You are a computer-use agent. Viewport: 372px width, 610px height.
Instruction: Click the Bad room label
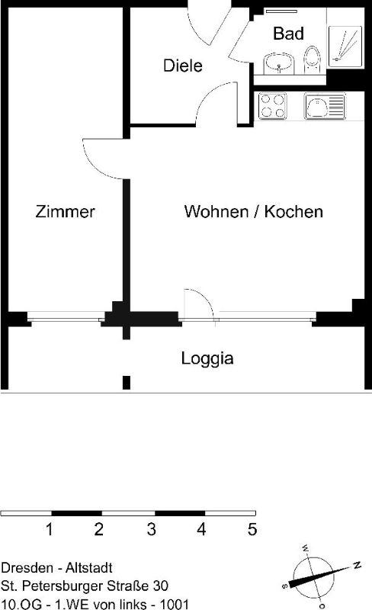coord(288,34)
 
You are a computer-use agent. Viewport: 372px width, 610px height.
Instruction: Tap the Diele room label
coord(182,66)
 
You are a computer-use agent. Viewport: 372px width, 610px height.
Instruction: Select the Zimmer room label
coord(65,212)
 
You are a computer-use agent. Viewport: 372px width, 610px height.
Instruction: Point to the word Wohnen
coord(216,212)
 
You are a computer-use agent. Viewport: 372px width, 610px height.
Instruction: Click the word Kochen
coord(293,212)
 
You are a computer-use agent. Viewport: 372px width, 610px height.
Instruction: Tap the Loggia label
coord(207,358)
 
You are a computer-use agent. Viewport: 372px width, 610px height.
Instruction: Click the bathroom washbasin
coord(279,63)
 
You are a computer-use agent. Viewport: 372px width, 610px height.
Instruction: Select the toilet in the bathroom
coord(312,60)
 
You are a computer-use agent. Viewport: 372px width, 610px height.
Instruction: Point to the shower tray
coord(345,47)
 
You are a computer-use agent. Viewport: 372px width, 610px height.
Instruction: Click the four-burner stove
coord(272,106)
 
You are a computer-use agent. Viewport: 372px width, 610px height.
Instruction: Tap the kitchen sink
coord(325,106)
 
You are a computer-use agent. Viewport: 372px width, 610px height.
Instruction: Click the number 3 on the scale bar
coord(152,529)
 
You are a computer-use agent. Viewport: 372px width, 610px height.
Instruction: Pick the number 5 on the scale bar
coord(252,529)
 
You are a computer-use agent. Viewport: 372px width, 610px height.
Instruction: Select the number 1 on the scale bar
coord(49,529)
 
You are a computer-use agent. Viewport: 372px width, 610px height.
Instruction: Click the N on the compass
coord(358,565)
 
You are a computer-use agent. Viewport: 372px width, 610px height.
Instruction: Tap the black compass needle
coord(316,576)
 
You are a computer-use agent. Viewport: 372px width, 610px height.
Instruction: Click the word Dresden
coord(27,567)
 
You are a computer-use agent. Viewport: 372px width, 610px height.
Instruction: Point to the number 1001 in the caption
coord(175,604)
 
